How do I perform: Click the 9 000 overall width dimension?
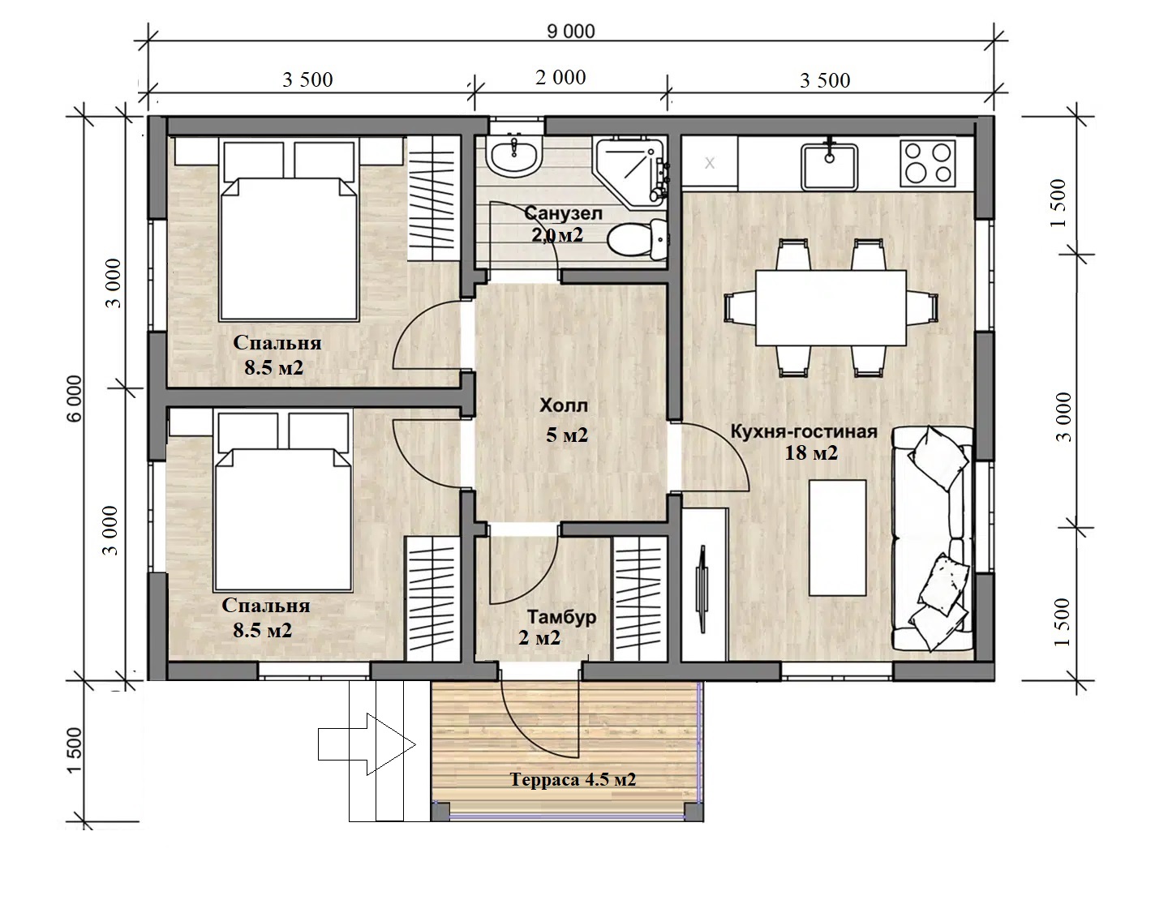571,32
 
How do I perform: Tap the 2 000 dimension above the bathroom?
560,77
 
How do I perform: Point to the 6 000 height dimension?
75,398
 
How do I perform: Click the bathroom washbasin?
513,156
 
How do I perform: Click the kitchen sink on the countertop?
829,166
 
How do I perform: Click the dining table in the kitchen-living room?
831,308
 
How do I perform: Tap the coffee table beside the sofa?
837,538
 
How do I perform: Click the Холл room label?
564,405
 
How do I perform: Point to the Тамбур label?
561,616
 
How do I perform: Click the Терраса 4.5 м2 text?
573,779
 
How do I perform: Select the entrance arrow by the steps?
367,744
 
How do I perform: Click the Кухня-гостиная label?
804,431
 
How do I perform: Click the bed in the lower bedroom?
283,502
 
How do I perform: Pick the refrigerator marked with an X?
710,163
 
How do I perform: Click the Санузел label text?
563,213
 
